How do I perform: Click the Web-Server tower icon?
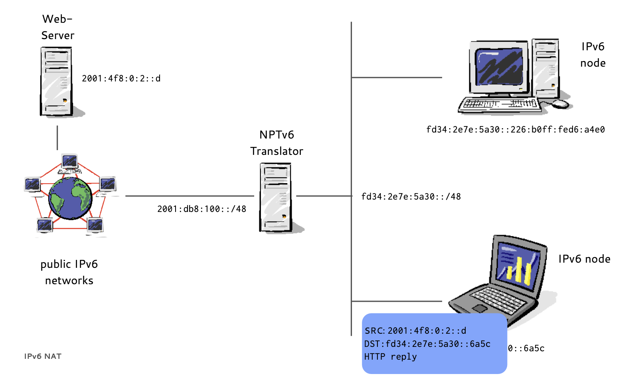[x=56, y=81]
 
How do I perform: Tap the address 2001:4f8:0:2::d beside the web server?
[x=121, y=79]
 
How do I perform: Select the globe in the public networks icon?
[x=70, y=198]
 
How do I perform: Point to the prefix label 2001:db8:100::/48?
[x=201, y=209]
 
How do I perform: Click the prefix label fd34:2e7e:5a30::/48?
[x=411, y=197]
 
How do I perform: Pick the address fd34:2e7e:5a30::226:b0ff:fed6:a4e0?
[x=516, y=130]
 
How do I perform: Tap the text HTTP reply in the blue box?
[x=390, y=357]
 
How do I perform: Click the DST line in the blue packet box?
[x=427, y=344]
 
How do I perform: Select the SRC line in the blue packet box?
[x=415, y=331]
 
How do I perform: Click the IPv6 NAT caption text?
[x=43, y=356]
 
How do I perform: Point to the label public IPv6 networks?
[x=69, y=272]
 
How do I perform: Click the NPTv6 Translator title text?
[x=277, y=143]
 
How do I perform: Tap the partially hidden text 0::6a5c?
[x=526, y=348]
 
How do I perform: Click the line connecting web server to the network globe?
[x=57, y=138]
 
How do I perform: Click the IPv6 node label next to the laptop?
[x=584, y=259]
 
